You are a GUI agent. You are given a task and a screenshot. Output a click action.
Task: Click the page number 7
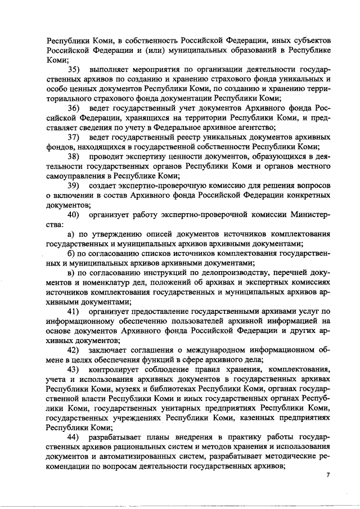click(x=328, y=476)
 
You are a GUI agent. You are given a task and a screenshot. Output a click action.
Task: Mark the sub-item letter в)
click(x=71, y=273)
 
